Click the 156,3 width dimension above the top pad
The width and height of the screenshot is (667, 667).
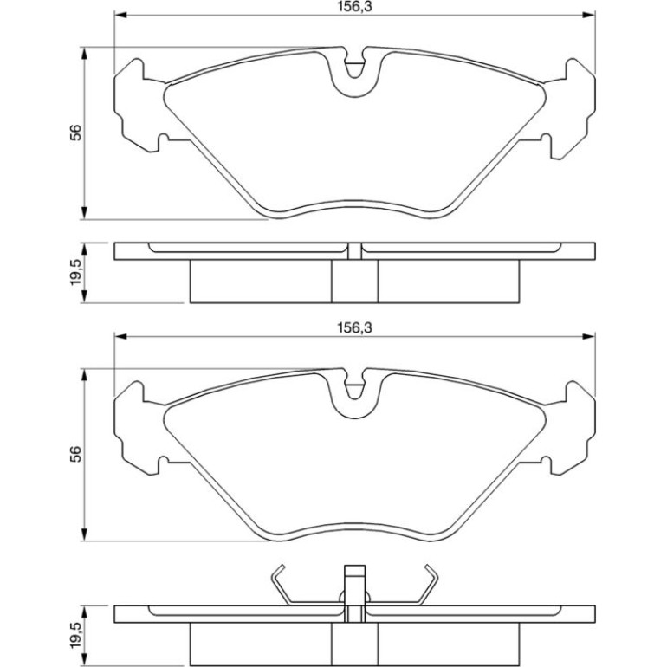tap(354, 6)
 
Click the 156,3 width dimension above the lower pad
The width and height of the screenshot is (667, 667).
tap(354, 327)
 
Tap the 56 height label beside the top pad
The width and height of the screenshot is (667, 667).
tap(75, 133)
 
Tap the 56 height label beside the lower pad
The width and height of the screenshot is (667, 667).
tap(75, 454)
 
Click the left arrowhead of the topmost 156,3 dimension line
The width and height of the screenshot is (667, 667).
tap(120, 16)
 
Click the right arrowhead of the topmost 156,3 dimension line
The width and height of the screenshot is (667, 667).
tap(589, 16)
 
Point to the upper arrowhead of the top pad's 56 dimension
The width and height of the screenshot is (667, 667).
tap(85, 54)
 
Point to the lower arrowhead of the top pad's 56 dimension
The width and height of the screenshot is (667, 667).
tap(85, 213)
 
